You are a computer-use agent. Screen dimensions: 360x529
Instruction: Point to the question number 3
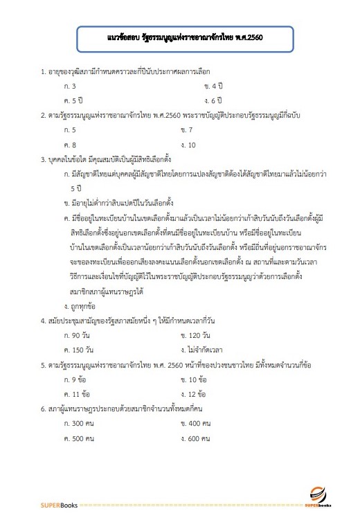[43, 159]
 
